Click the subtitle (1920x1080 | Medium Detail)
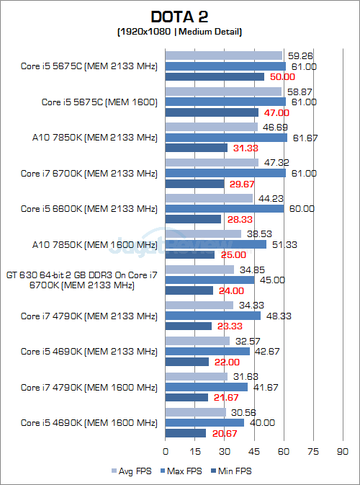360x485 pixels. click(179, 32)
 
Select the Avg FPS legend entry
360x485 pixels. click(133, 471)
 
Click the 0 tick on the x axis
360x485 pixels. click(166, 451)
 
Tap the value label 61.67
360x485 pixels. click(302, 138)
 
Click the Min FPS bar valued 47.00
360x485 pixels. click(212, 112)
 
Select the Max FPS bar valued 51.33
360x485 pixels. click(216, 244)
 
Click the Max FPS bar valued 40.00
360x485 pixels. click(204, 422)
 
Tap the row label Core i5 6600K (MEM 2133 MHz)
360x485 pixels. click(89, 208)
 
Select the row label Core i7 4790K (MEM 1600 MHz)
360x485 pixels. click(89, 387)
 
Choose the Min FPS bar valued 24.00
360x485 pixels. click(189, 290)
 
